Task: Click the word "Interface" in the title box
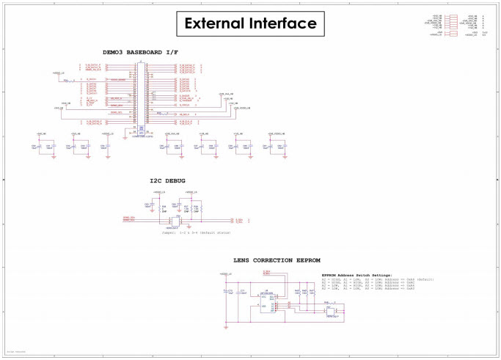(x=285, y=23)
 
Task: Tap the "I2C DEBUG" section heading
(x=167, y=180)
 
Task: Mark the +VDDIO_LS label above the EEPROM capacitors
(x=225, y=273)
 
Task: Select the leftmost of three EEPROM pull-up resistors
(x=296, y=292)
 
